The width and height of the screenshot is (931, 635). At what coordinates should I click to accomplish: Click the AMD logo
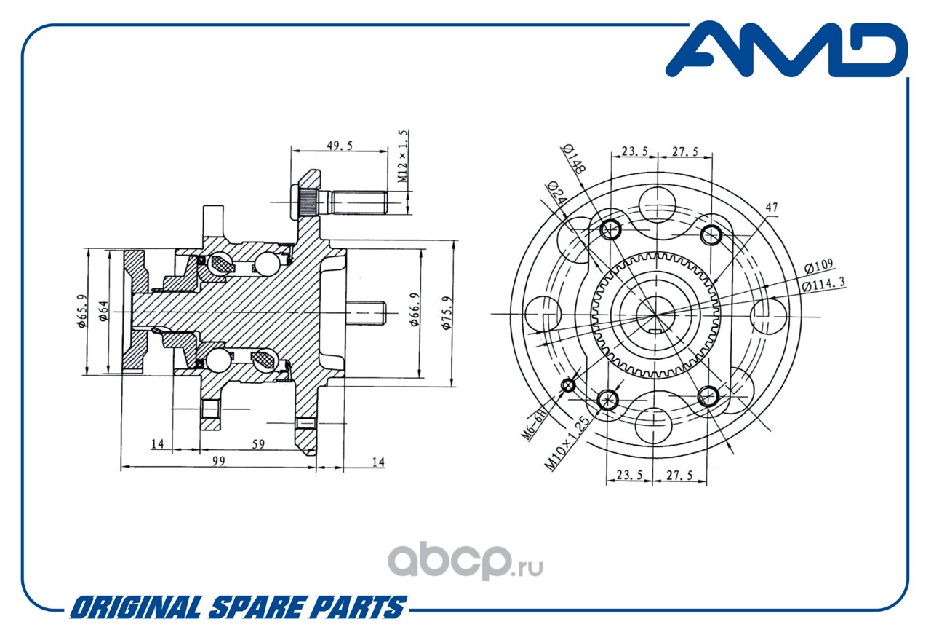[x=786, y=50]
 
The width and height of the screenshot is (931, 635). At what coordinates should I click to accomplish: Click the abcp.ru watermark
[x=465, y=560]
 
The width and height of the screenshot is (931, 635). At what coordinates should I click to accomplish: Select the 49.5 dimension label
[x=340, y=146]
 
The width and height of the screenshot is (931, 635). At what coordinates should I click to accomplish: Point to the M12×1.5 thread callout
[x=403, y=156]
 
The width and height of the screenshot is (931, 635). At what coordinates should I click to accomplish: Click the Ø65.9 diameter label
[x=82, y=311]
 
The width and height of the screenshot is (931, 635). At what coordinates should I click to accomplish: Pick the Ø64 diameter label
[x=103, y=311]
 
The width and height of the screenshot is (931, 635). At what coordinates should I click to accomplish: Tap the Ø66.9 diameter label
[x=415, y=309]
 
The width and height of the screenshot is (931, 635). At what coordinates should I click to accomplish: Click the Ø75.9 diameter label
[x=447, y=312]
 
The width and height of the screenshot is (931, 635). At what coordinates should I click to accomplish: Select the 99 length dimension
[x=219, y=461]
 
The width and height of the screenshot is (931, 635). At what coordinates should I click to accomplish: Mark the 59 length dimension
[x=258, y=444]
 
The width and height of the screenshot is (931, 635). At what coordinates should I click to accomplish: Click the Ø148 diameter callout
[x=575, y=159]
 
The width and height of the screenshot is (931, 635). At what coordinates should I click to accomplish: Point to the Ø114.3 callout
[x=823, y=284]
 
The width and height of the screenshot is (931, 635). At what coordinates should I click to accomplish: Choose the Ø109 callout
[x=818, y=266]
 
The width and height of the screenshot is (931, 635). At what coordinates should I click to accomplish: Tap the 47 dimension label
[x=772, y=207]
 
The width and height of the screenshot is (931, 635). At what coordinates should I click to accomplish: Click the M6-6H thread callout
[x=533, y=424]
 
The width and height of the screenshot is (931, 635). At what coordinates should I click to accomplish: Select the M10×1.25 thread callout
[x=567, y=443]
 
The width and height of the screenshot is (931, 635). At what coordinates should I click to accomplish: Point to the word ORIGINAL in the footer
[x=136, y=607]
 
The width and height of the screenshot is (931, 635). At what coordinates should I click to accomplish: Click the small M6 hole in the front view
[x=568, y=385]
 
